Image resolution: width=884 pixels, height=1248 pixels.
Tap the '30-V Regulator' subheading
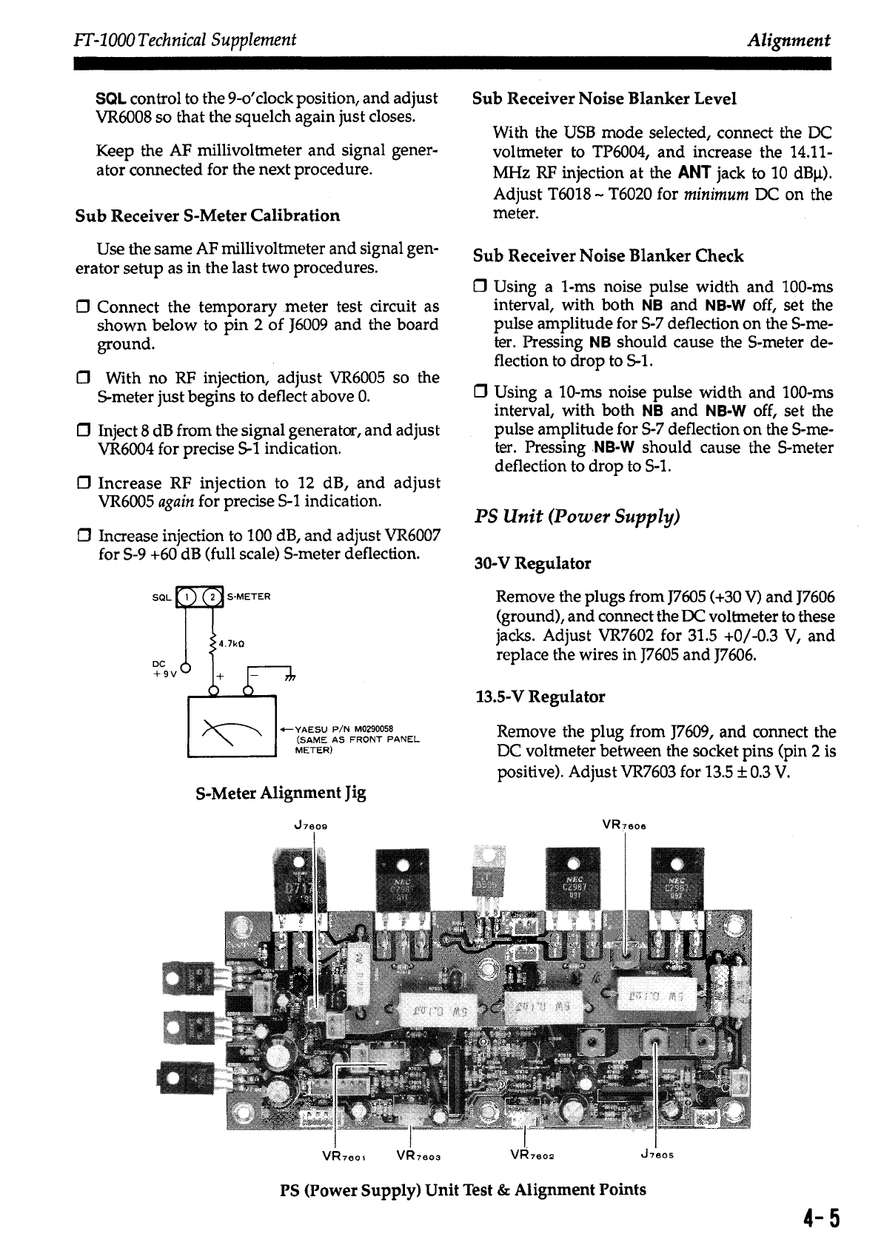coord(532,563)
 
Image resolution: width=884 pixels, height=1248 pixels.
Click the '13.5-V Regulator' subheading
coord(540,697)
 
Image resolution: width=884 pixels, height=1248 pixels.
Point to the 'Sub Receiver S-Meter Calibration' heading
coord(208,215)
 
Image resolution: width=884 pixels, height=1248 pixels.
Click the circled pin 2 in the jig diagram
coord(212,597)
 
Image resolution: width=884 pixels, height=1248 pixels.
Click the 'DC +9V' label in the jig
coord(161,668)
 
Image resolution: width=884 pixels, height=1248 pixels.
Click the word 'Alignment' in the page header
coord(788,40)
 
